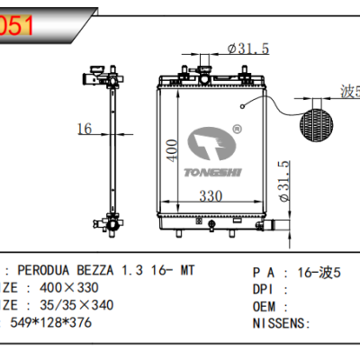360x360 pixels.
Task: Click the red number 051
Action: tap(18, 25)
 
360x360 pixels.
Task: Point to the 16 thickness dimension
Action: tap(84, 130)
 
